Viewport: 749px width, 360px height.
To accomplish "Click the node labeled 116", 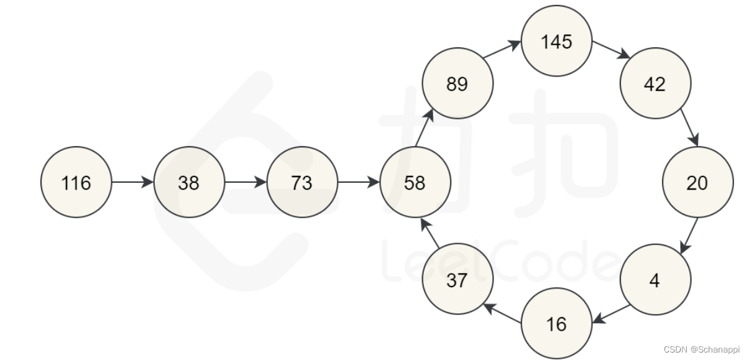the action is click(x=76, y=182).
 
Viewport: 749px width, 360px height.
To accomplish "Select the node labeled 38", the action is click(x=189, y=182).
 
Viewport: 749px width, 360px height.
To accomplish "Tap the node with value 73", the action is click(x=302, y=182).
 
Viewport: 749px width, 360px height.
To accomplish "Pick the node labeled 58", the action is click(x=415, y=182).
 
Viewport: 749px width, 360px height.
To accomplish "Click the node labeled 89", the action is click(x=457, y=83).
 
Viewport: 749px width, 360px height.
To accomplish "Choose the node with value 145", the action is click(x=556, y=42).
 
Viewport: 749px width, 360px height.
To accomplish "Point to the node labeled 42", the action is click(x=655, y=83).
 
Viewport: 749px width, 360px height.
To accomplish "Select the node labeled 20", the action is click(x=697, y=182).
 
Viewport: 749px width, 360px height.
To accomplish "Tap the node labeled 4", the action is click(x=655, y=280).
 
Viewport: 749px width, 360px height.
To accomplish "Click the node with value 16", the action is click(x=556, y=323).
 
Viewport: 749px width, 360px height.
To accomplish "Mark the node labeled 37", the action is click(x=457, y=280).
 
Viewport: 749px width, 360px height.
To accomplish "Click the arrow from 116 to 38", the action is click(x=132, y=182).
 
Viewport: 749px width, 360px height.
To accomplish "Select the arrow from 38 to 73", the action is click(x=246, y=182).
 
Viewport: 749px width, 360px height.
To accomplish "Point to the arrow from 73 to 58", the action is click(x=358, y=182).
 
